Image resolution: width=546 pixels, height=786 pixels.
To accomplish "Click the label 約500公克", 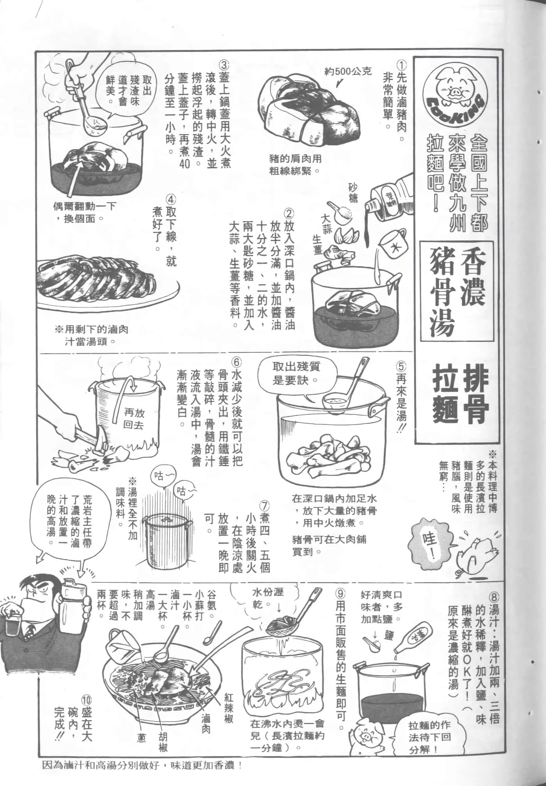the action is point(348,71).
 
